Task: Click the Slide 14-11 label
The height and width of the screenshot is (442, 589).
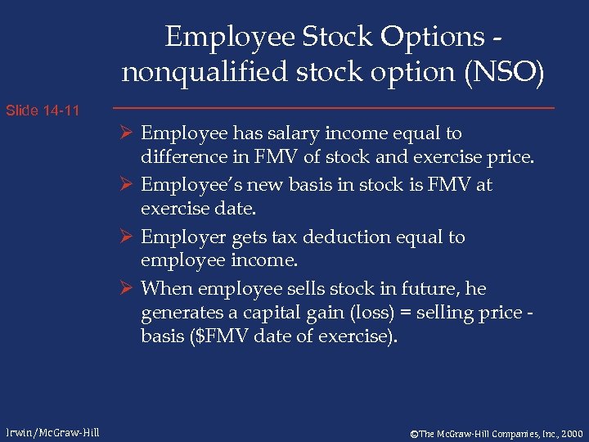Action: click(x=43, y=110)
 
